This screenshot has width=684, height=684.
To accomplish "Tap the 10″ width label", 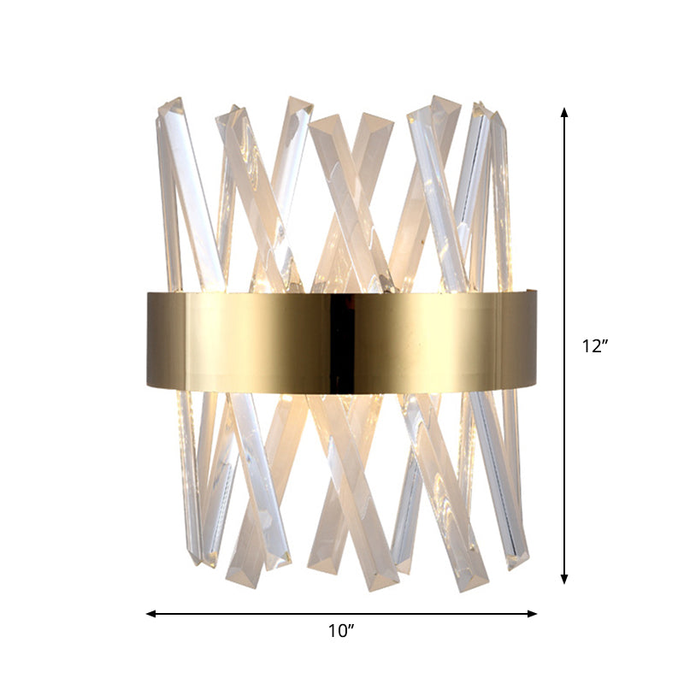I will click(341, 632).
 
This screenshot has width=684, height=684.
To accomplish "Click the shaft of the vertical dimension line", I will click(563, 256).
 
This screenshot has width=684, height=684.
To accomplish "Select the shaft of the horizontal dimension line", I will click(256, 613).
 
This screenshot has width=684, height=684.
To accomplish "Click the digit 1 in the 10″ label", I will click(333, 632).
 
